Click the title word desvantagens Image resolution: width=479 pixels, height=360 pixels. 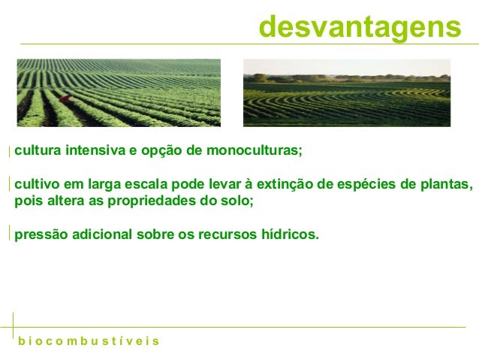[359, 27]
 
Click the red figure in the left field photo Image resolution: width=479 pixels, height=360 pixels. [66, 99]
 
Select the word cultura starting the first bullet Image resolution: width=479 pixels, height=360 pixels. [37, 150]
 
